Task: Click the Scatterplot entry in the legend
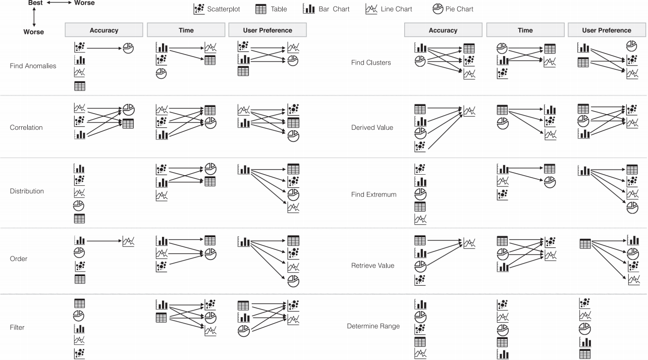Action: pyautogui.click(x=217, y=9)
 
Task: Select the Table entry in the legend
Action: pyautogui.click(x=271, y=9)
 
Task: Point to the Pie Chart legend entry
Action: pyautogui.click(x=453, y=9)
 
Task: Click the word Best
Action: pyautogui.click(x=35, y=3)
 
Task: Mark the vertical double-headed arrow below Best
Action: pyautogui.click(x=34, y=17)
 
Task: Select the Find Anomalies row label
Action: pyautogui.click(x=33, y=66)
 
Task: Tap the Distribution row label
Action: pyautogui.click(x=27, y=191)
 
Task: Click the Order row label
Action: pyautogui.click(x=19, y=259)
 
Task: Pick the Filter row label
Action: pyautogui.click(x=17, y=328)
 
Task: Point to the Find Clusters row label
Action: pyautogui.click(x=371, y=63)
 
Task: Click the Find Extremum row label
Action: pyautogui.click(x=373, y=195)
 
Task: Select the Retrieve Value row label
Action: pyautogui.click(x=372, y=266)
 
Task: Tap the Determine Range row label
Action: pyautogui.click(x=373, y=326)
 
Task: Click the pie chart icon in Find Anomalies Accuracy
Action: pyautogui.click(x=128, y=48)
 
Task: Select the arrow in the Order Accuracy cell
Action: pyautogui.click(x=103, y=241)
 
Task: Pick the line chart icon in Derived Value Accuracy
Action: pyautogui.click(x=469, y=110)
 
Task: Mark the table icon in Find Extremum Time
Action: pyautogui.click(x=550, y=169)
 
